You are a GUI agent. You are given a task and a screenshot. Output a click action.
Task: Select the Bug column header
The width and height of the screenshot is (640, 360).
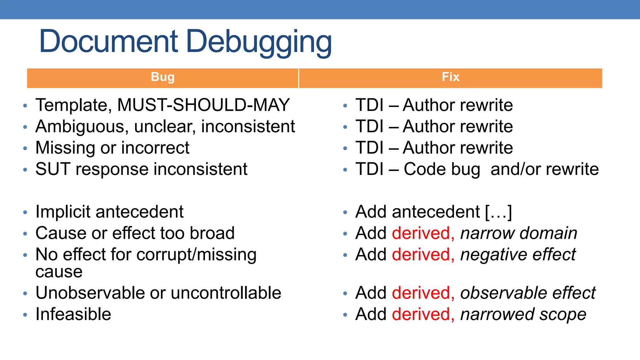pyautogui.click(x=162, y=77)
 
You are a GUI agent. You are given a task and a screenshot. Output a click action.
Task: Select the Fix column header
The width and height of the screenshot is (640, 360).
pyautogui.click(x=450, y=77)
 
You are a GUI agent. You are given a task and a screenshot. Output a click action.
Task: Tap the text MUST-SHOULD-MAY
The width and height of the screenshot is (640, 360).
pyautogui.click(x=203, y=105)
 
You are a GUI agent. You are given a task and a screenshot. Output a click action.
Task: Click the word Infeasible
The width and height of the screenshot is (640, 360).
pyautogui.click(x=73, y=314)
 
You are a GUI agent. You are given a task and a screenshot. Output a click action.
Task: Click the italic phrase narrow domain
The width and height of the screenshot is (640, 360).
pyautogui.click(x=518, y=233)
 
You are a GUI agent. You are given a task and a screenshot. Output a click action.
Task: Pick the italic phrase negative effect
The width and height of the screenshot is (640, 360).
pyautogui.click(x=518, y=254)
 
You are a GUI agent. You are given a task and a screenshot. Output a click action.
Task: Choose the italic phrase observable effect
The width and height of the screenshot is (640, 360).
pyautogui.click(x=528, y=293)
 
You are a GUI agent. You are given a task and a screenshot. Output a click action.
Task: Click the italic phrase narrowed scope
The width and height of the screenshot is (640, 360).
pyautogui.click(x=523, y=314)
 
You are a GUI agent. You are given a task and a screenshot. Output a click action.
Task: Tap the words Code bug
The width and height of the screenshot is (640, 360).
pyautogui.click(x=442, y=169)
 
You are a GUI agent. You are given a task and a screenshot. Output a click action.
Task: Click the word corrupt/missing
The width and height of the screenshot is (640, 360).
pyautogui.click(x=196, y=254)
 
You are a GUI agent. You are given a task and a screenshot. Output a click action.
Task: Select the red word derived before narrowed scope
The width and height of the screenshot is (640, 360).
pyautogui.click(x=423, y=314)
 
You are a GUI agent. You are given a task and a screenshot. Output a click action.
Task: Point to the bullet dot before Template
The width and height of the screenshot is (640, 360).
pyautogui.click(x=25, y=106)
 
